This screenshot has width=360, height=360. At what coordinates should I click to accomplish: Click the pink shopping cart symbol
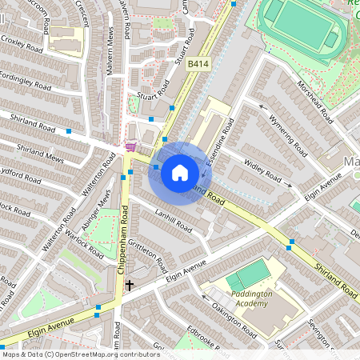pyautogui.click(x=130, y=147)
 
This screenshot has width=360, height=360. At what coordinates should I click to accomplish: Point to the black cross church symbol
pyautogui.click(x=129, y=285)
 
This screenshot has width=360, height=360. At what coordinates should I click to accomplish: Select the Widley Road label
pyautogui.click(x=263, y=170)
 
